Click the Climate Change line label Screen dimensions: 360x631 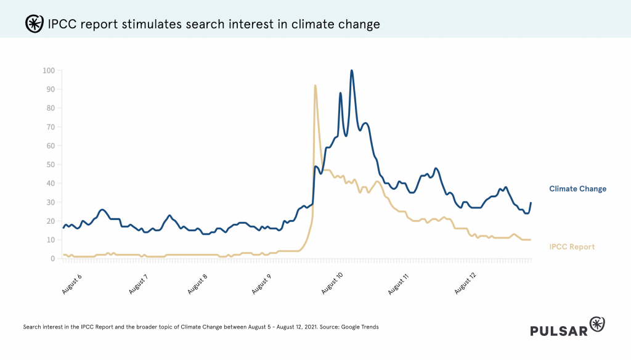coord(577,189)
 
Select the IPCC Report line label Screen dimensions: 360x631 coord(572,247)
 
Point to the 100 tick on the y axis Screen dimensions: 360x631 coord(48,70)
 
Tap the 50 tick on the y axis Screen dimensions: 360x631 coord(50,165)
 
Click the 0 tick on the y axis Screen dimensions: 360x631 coord(52,259)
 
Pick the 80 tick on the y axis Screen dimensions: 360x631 coord(50,108)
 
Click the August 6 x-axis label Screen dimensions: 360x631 coord(72,282)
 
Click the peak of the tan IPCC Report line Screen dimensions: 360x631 coord(315,86)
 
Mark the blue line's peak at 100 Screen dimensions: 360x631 coord(352,70)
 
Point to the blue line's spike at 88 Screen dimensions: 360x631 coord(340,93)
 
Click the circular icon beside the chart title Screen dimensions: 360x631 coord(33,24)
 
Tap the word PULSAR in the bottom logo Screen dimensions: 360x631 coord(558,330)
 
